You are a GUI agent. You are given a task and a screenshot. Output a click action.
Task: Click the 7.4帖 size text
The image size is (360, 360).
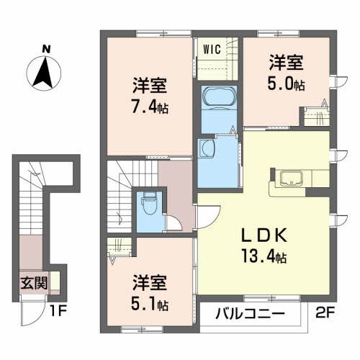[x=150, y=110]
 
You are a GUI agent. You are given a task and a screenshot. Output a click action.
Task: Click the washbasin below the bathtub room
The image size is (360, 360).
[x=208, y=148]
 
